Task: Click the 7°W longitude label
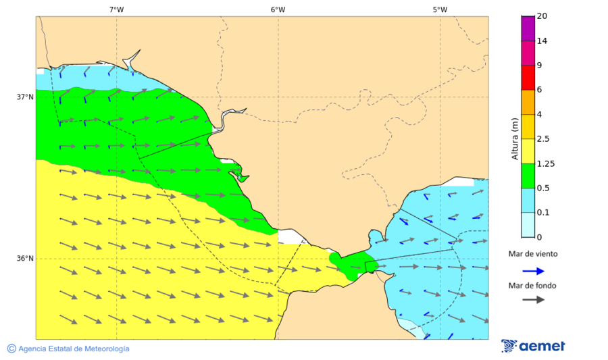tap(116, 9)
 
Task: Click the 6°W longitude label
tap(278, 9)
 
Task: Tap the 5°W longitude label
tap(440, 9)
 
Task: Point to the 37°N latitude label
tap(25, 97)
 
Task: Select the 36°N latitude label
tap(25, 259)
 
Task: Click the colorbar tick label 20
tap(541, 16)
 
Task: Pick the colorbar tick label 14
tap(541, 41)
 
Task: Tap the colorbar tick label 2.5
tap(543, 139)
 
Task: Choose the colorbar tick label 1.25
tap(545, 163)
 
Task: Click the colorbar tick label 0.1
tap(543, 213)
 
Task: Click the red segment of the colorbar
tap(528, 78)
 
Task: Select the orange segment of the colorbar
tap(528, 102)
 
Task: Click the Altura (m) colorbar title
tap(515, 139)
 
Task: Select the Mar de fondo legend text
tap(533, 286)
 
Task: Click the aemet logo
tap(533, 346)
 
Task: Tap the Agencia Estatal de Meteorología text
tap(74, 349)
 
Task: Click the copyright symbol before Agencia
tap(11, 349)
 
